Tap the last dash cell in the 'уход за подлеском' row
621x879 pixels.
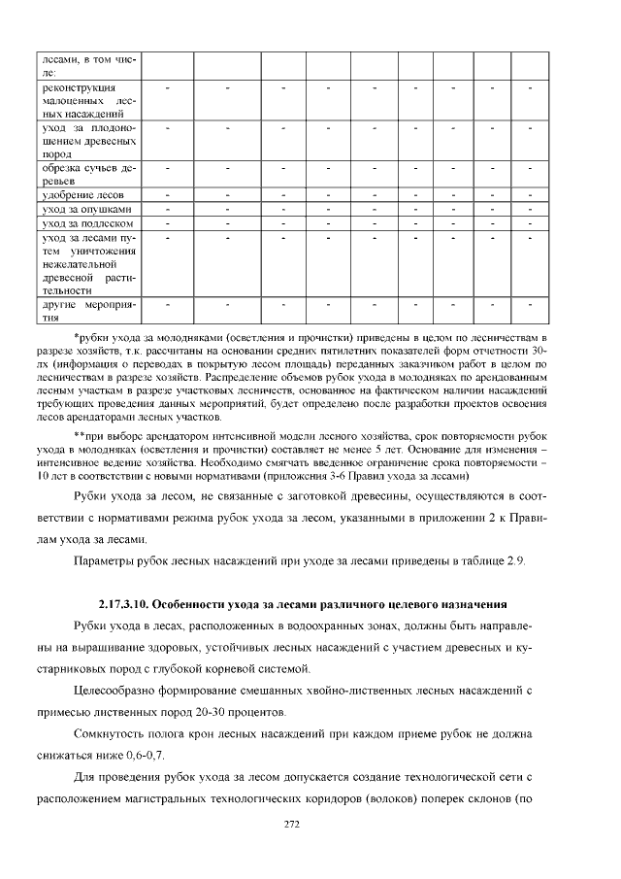[x=530, y=224]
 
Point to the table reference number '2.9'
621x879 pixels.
[x=516, y=561]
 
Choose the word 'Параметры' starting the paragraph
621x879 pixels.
[x=105, y=561]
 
